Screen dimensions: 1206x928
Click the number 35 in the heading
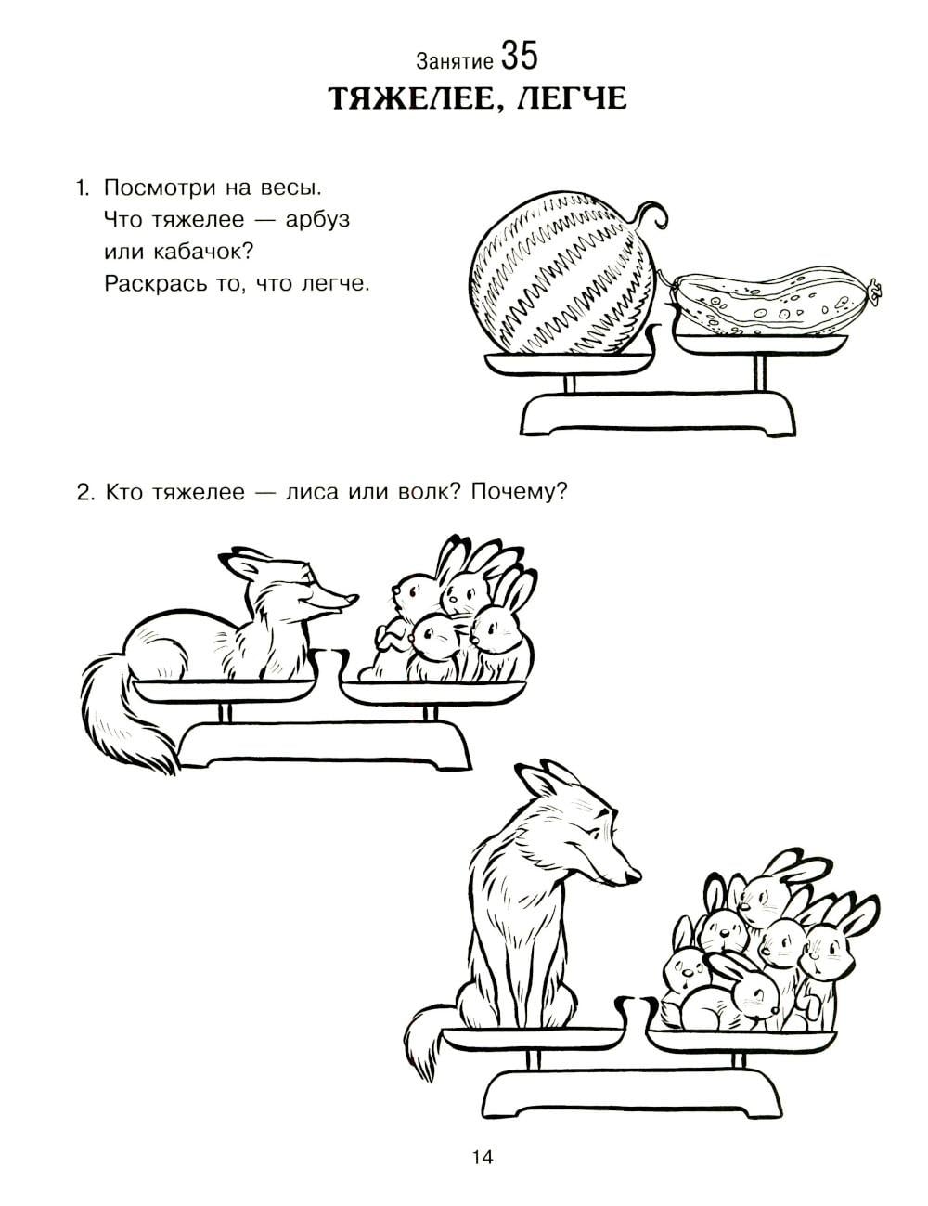519,57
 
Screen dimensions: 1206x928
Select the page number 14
483,1157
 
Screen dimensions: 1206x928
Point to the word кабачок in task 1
196,252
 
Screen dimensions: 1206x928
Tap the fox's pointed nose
352,600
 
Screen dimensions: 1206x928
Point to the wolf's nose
634,875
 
